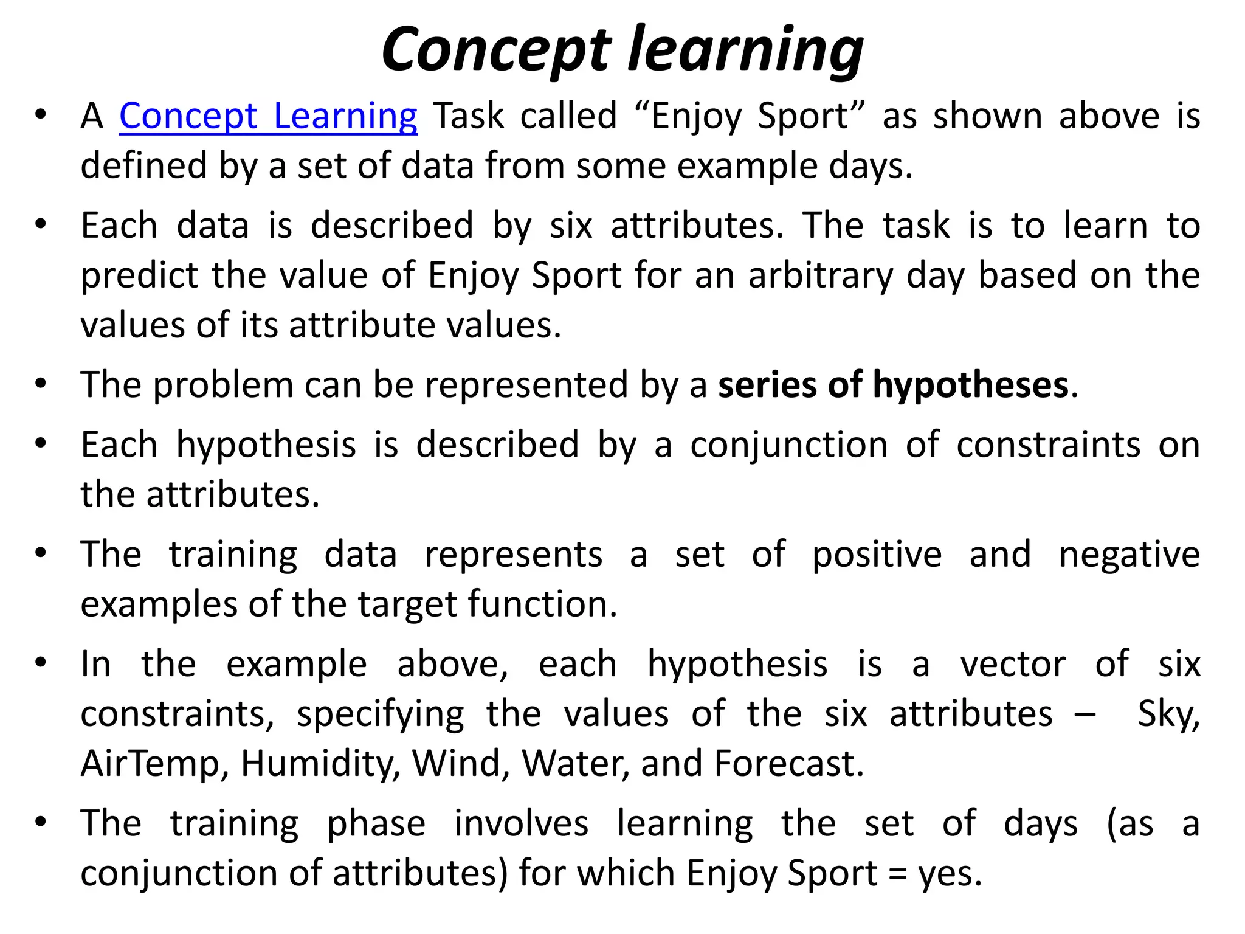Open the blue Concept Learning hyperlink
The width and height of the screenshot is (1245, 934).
click(268, 116)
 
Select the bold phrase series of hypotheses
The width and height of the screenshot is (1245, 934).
click(893, 385)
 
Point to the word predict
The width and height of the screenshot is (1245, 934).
click(139, 275)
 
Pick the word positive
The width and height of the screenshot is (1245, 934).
click(877, 555)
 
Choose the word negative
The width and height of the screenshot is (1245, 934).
click(1129, 555)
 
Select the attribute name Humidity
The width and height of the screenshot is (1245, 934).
click(316, 763)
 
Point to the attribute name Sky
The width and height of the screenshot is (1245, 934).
click(1168, 713)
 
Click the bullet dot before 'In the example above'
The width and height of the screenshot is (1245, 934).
click(41, 662)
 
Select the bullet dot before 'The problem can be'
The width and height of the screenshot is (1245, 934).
click(41, 384)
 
